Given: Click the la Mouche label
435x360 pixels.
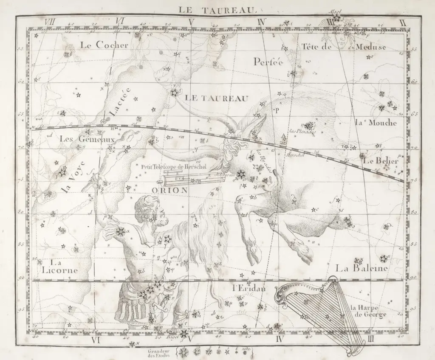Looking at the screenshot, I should pos(375,123).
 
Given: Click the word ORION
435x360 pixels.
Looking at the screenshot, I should pos(169,190).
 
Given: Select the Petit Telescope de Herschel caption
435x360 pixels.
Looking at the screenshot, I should pos(174,167).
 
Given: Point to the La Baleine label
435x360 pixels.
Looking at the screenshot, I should pos(361,268).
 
